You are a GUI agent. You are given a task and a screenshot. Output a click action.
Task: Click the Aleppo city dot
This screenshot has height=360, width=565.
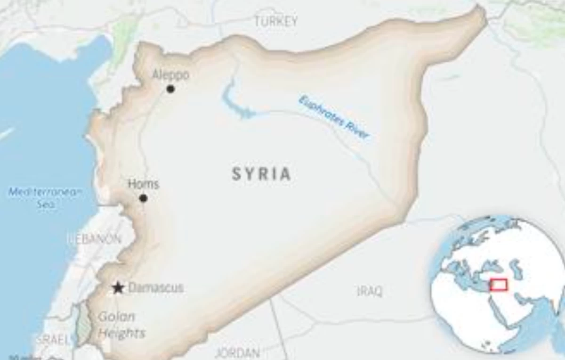click(170, 89)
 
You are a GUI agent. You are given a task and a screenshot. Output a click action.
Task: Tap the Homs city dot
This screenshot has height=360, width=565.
click(143, 198)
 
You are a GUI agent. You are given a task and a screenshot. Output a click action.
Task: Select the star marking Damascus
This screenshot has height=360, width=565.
click(118, 288)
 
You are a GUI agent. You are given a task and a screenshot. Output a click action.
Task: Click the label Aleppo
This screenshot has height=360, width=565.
click(171, 75)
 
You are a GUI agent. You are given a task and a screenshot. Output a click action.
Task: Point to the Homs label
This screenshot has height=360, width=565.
click(144, 184)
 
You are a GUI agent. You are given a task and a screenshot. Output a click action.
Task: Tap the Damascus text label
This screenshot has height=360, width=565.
click(156, 287)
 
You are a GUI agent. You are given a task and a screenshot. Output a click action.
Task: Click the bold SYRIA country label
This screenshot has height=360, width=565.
click(261, 174)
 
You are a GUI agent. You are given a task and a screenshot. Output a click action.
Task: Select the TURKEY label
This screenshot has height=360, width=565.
click(276, 21)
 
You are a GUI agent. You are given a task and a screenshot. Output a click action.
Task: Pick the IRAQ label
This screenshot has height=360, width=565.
click(370, 291)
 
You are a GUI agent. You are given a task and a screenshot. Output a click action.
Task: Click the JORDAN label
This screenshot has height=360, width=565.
click(237, 352)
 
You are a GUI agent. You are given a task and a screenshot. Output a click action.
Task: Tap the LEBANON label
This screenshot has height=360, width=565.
click(94, 238)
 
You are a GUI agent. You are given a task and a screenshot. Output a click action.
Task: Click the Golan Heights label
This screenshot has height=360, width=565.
click(121, 325)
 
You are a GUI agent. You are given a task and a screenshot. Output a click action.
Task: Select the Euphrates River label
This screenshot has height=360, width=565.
click(334, 117)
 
